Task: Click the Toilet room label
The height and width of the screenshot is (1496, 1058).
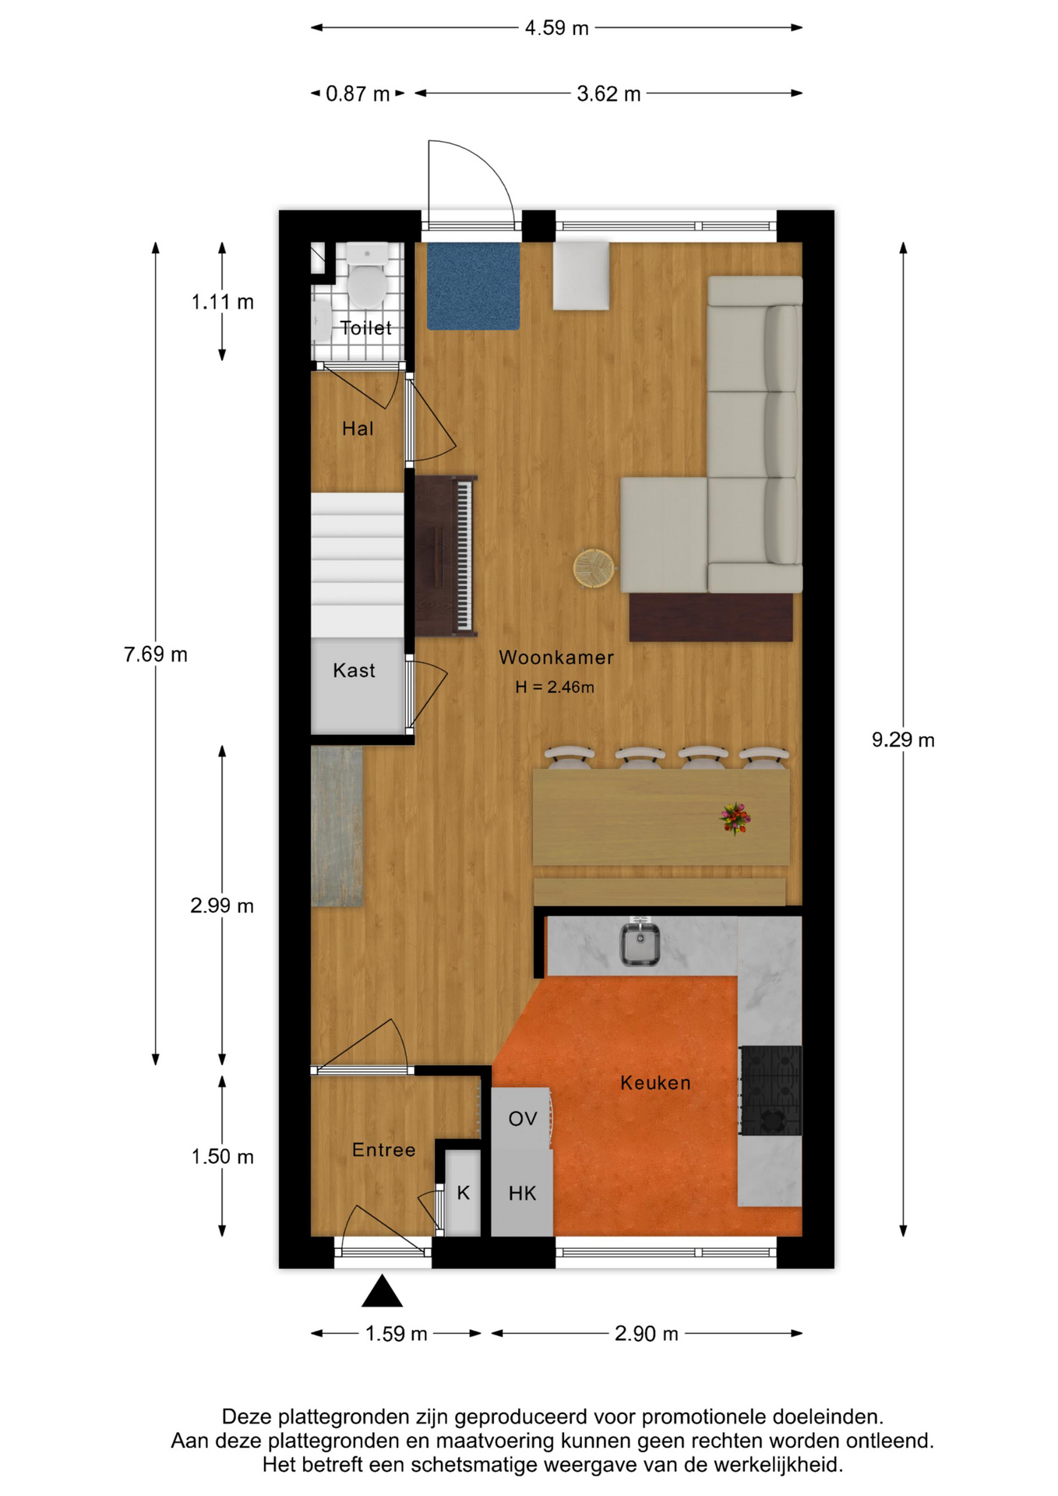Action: [365, 328]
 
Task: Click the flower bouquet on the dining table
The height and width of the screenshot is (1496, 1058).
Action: [735, 818]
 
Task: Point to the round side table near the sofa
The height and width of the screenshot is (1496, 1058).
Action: [594, 568]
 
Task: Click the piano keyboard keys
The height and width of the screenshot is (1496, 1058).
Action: [464, 556]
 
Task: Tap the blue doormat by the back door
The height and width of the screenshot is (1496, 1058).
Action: [473, 286]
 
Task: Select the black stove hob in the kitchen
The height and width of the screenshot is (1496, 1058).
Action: [771, 1090]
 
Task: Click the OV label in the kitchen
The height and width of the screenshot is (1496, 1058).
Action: [523, 1119]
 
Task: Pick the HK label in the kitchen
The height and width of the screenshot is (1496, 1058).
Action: [522, 1193]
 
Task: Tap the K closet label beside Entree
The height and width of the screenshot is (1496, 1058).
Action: [464, 1193]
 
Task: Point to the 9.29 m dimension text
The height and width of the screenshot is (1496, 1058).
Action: [903, 739]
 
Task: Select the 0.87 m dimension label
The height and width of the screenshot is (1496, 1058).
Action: [358, 93]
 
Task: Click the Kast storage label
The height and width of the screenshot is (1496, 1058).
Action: [354, 670]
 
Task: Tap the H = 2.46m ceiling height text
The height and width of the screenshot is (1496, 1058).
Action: [554, 686]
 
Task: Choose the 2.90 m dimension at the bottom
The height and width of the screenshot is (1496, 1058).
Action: [647, 1333]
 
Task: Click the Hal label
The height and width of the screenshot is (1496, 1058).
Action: [358, 428]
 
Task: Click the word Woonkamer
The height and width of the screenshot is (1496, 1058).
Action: [556, 657]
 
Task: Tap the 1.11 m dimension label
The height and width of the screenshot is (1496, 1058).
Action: [223, 302]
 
